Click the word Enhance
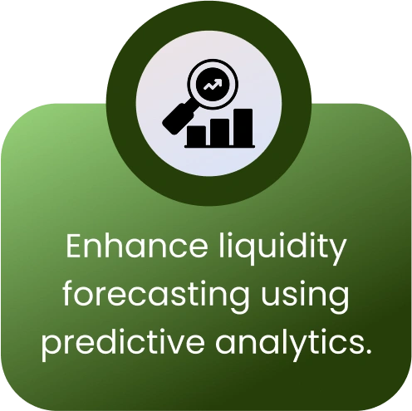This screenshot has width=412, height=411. [x=136, y=246]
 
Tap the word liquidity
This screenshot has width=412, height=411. [x=282, y=248]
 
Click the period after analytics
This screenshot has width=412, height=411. [x=368, y=351]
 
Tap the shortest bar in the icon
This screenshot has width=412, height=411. [x=196, y=135]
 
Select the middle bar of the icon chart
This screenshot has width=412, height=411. [x=219, y=132]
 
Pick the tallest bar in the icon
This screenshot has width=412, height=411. [x=243, y=127]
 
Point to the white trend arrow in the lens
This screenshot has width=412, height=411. [x=213, y=85]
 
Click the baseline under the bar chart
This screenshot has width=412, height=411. [x=220, y=146]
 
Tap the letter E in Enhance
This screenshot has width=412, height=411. [x=75, y=246]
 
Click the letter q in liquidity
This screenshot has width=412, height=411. [x=246, y=252]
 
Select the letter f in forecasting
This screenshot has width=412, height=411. [x=70, y=293]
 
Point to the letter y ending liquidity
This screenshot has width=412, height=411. [x=337, y=252]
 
